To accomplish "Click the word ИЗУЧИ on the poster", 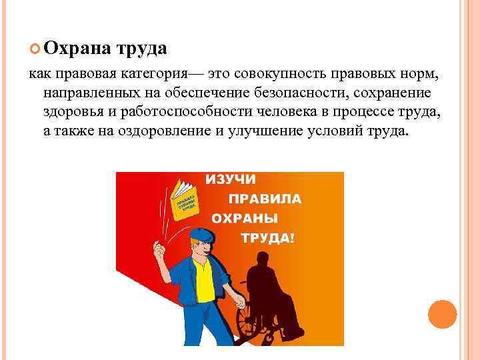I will pos(231,180).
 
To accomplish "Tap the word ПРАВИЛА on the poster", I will pos(265,199).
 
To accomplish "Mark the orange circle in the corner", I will pos(442,313).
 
